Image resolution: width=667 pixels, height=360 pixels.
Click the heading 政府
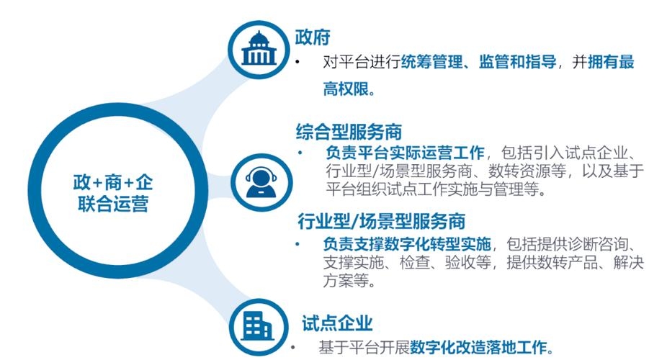click(312, 37)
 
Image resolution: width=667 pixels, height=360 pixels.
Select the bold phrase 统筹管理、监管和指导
click(478, 63)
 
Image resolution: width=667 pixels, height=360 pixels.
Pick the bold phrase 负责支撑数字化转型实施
click(408, 243)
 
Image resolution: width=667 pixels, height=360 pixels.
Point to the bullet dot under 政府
click(297, 63)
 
